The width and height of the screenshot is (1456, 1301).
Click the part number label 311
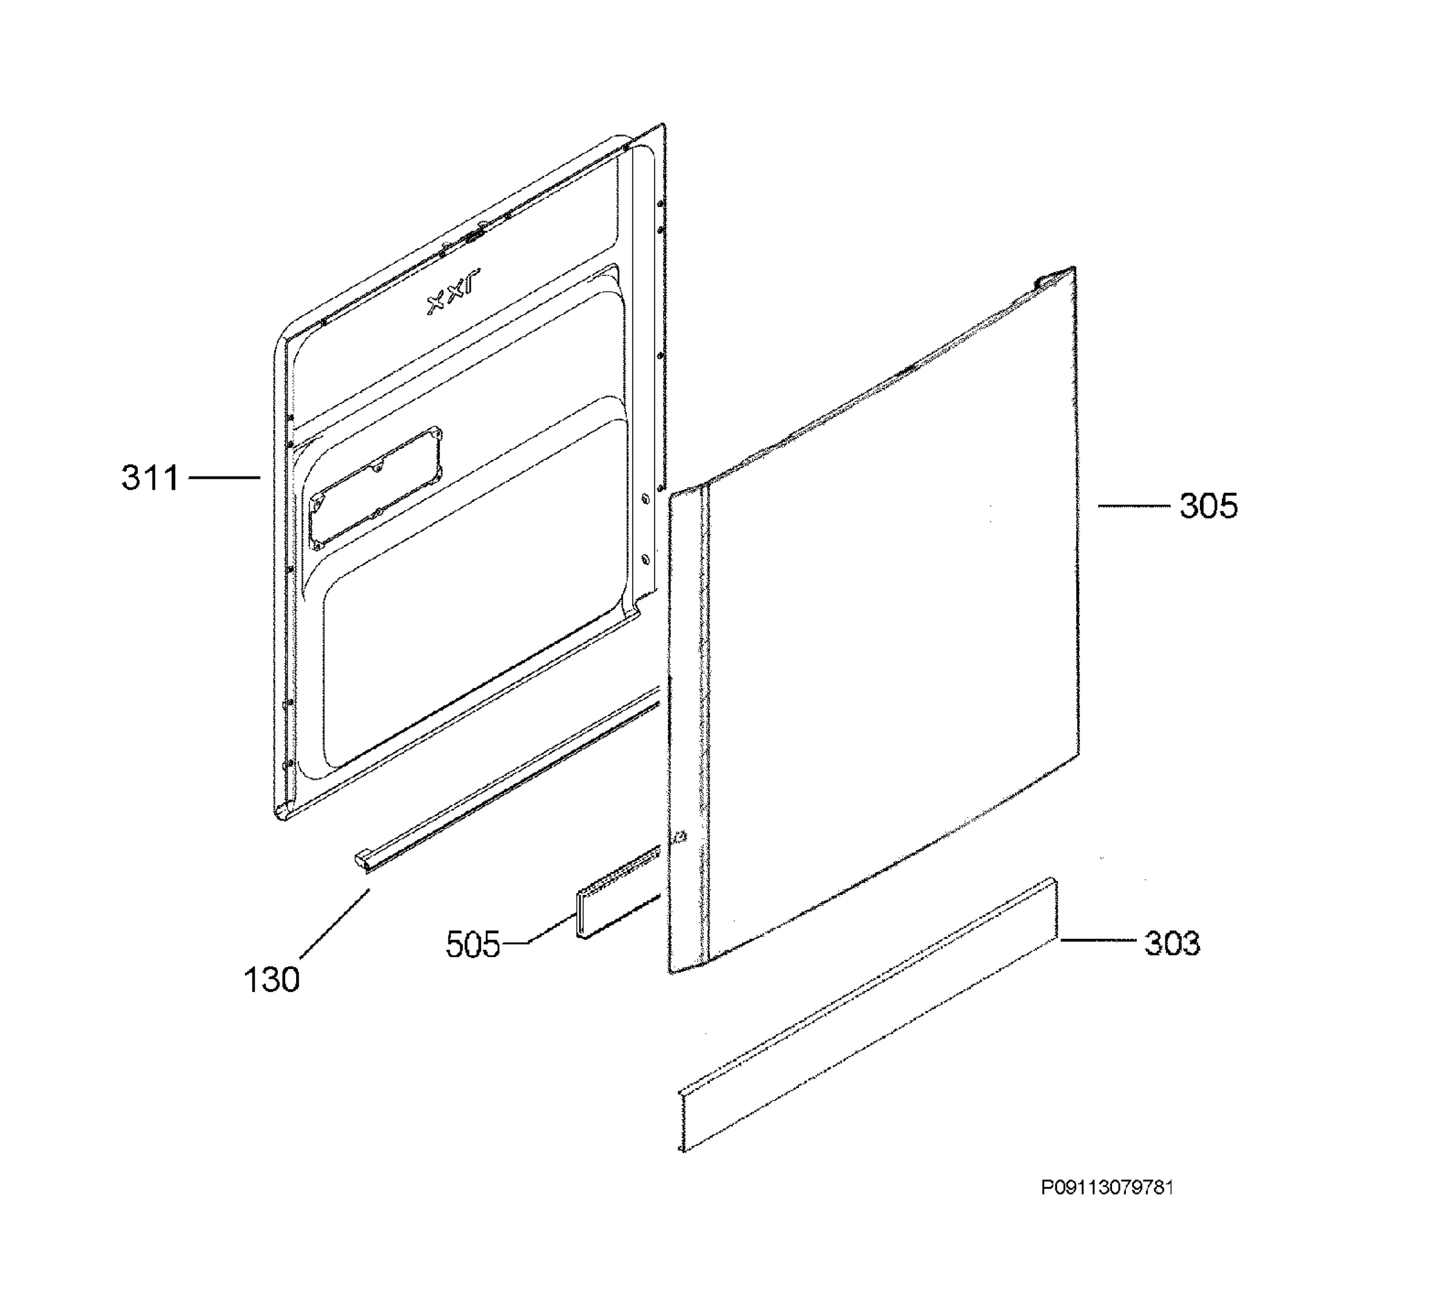149,477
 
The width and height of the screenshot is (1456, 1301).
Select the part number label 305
1208,506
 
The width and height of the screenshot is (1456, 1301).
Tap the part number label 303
1172,943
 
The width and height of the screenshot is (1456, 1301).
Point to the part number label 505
473,944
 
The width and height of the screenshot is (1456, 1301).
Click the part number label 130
272,979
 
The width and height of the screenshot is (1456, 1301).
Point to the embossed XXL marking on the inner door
454,292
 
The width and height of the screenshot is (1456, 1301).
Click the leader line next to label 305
1134,506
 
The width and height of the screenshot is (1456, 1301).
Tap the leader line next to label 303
1099,941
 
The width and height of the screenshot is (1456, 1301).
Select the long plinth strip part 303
867,1015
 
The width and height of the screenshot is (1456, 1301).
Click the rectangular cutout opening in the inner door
376,487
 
